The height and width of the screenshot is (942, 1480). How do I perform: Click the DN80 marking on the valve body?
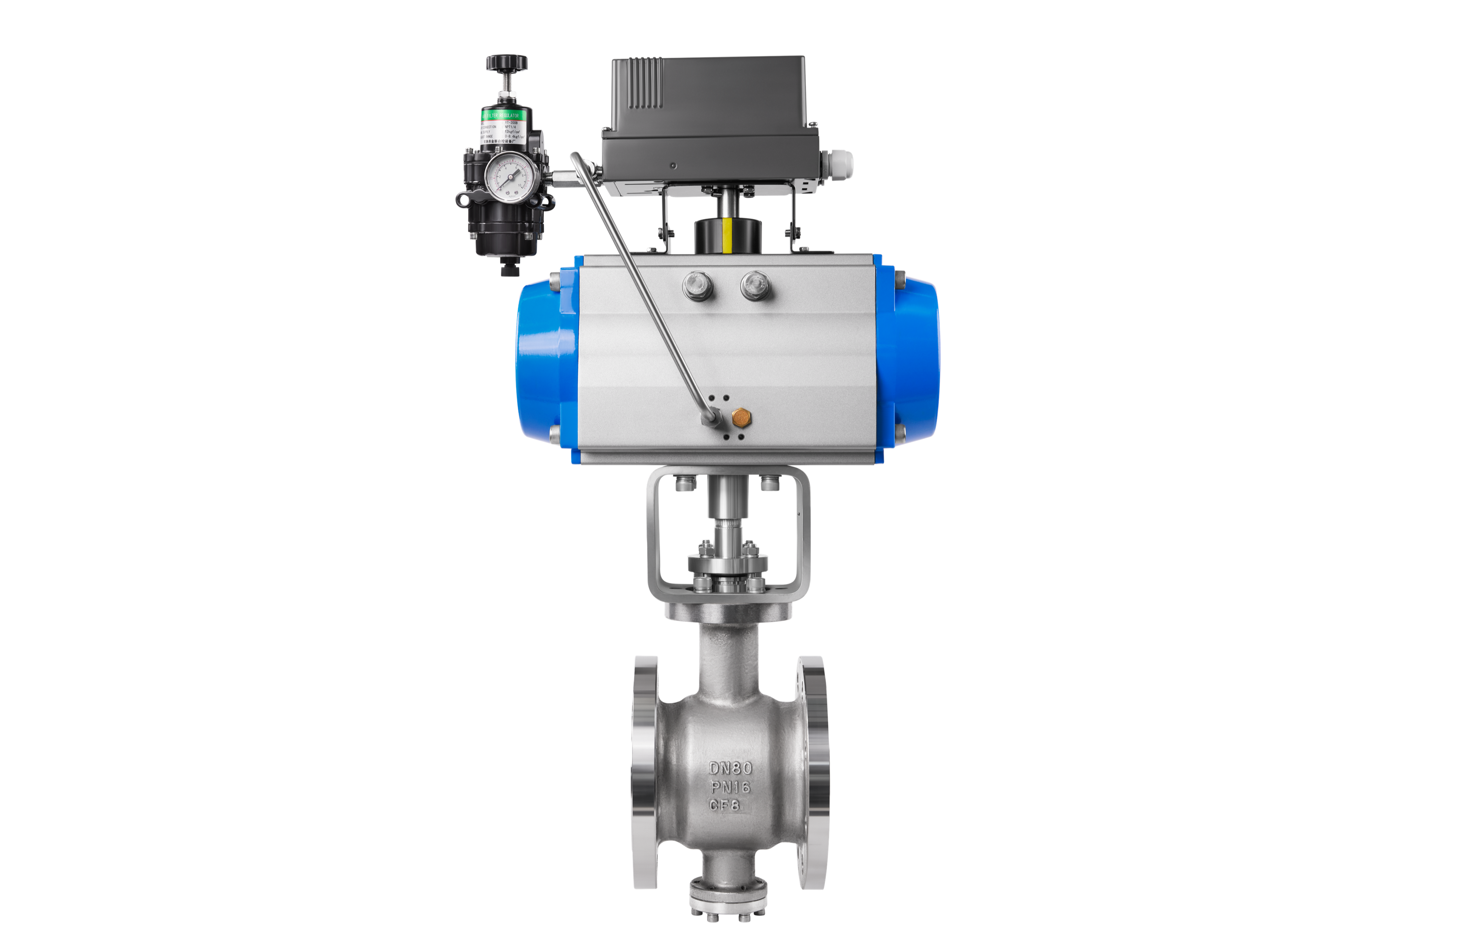tap(730, 768)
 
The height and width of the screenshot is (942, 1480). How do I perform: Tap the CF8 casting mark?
tap(725, 805)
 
